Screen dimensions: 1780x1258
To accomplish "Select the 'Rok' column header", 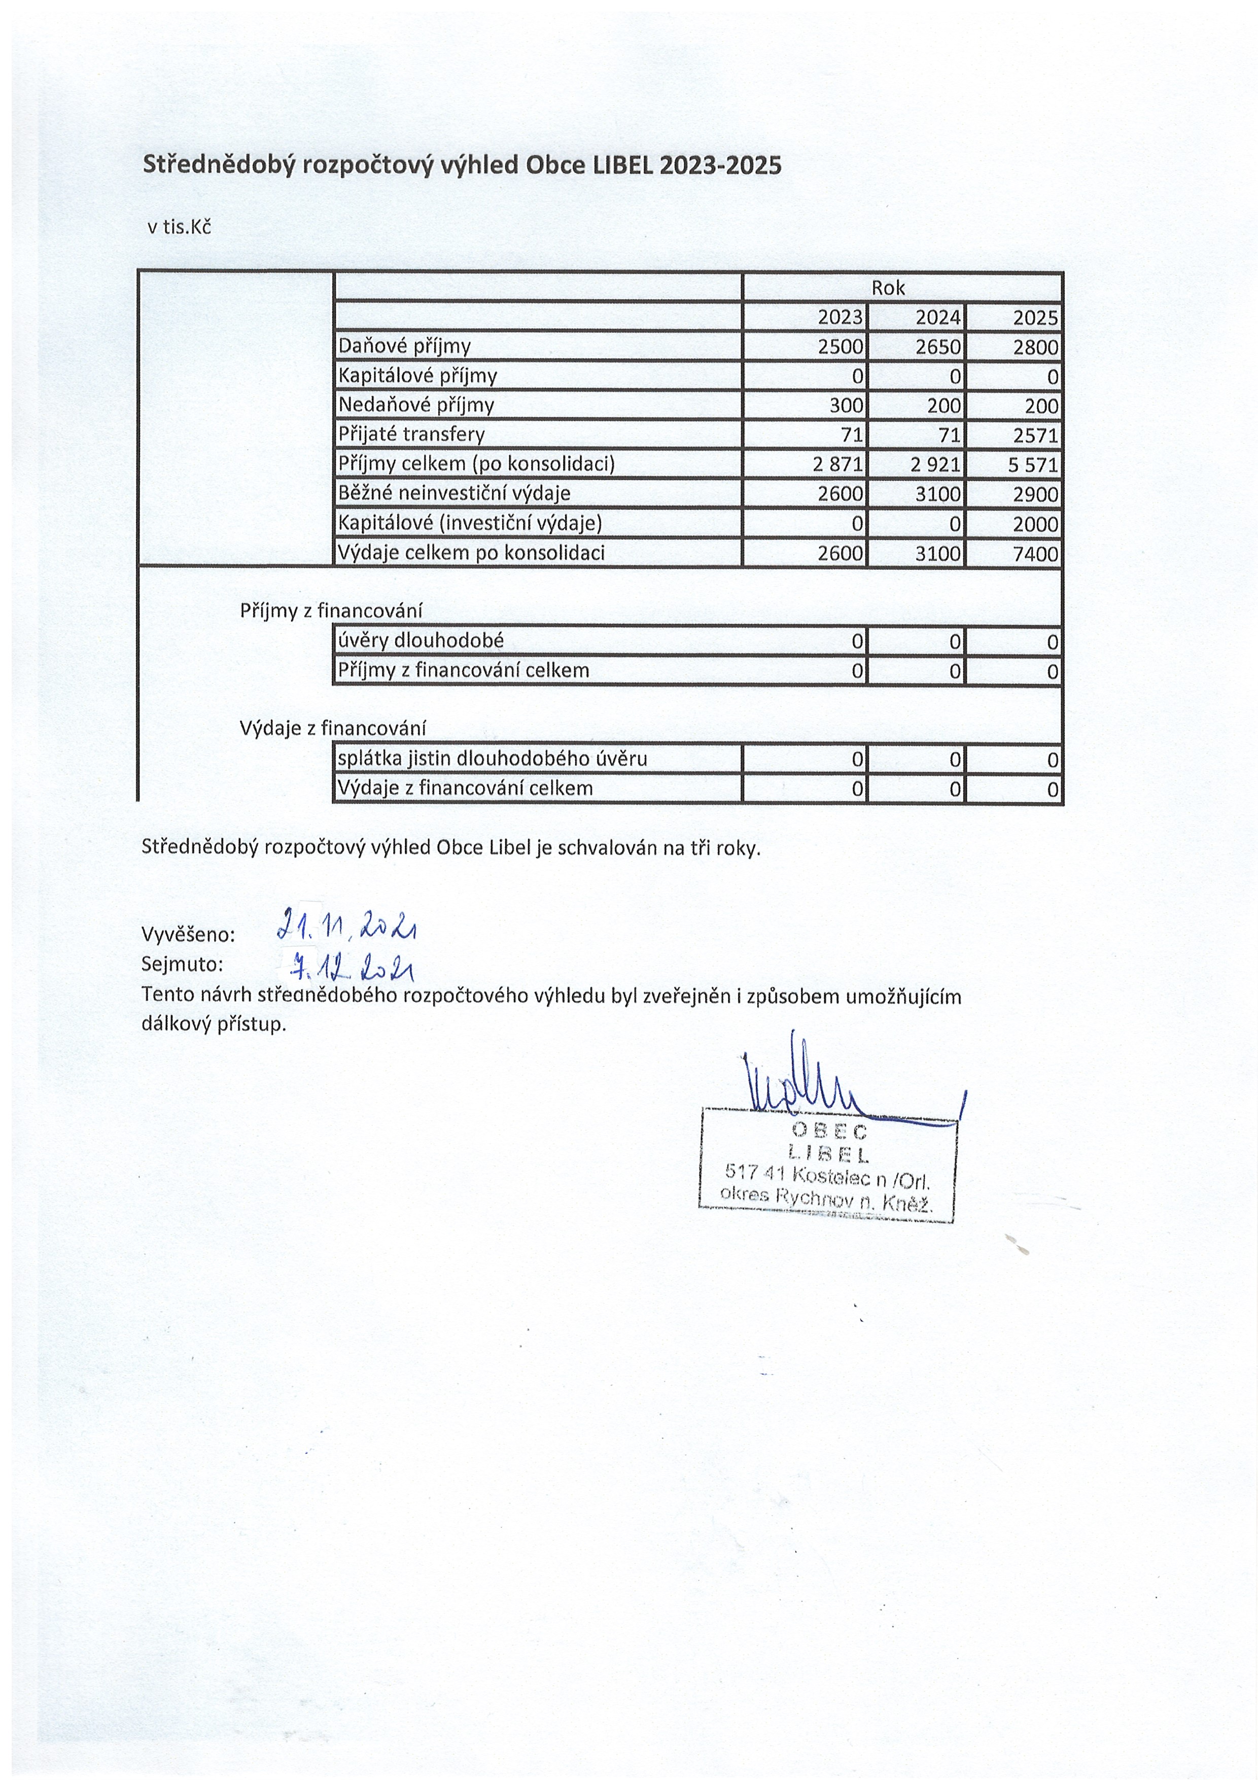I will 888,288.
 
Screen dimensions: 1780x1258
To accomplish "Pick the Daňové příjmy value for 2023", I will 840,347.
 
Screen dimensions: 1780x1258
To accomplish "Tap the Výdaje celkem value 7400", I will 1035,554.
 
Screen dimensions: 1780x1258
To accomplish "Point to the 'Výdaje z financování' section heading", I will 333,729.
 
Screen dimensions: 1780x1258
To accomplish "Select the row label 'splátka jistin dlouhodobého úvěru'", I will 492,759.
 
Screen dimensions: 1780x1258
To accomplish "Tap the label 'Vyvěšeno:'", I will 188,935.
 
